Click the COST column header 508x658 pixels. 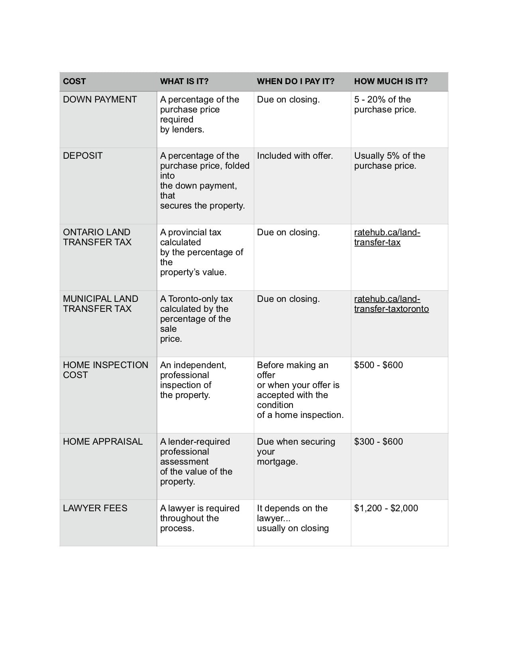click(75, 81)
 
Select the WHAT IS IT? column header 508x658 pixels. click(184, 81)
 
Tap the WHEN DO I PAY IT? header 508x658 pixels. click(296, 81)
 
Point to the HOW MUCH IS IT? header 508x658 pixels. click(391, 81)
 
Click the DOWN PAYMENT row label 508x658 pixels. click(100, 100)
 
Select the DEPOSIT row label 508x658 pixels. click(83, 156)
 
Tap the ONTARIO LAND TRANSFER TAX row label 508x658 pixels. click(97, 237)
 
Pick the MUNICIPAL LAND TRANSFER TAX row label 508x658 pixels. click(100, 304)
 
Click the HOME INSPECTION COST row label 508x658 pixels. click(105, 370)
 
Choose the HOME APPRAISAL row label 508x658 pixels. click(103, 442)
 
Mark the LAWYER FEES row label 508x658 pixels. click(95, 508)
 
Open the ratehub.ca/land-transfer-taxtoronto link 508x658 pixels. click(391, 304)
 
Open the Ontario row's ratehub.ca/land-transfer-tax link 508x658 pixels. click(387, 238)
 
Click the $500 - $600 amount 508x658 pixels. click(379, 365)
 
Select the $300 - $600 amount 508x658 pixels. click(379, 442)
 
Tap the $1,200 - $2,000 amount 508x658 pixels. click(386, 508)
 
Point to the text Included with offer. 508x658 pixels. click(295, 156)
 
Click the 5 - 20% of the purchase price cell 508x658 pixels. click(385, 104)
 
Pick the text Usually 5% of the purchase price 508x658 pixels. click(389, 161)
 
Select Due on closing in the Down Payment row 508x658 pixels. click(288, 100)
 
